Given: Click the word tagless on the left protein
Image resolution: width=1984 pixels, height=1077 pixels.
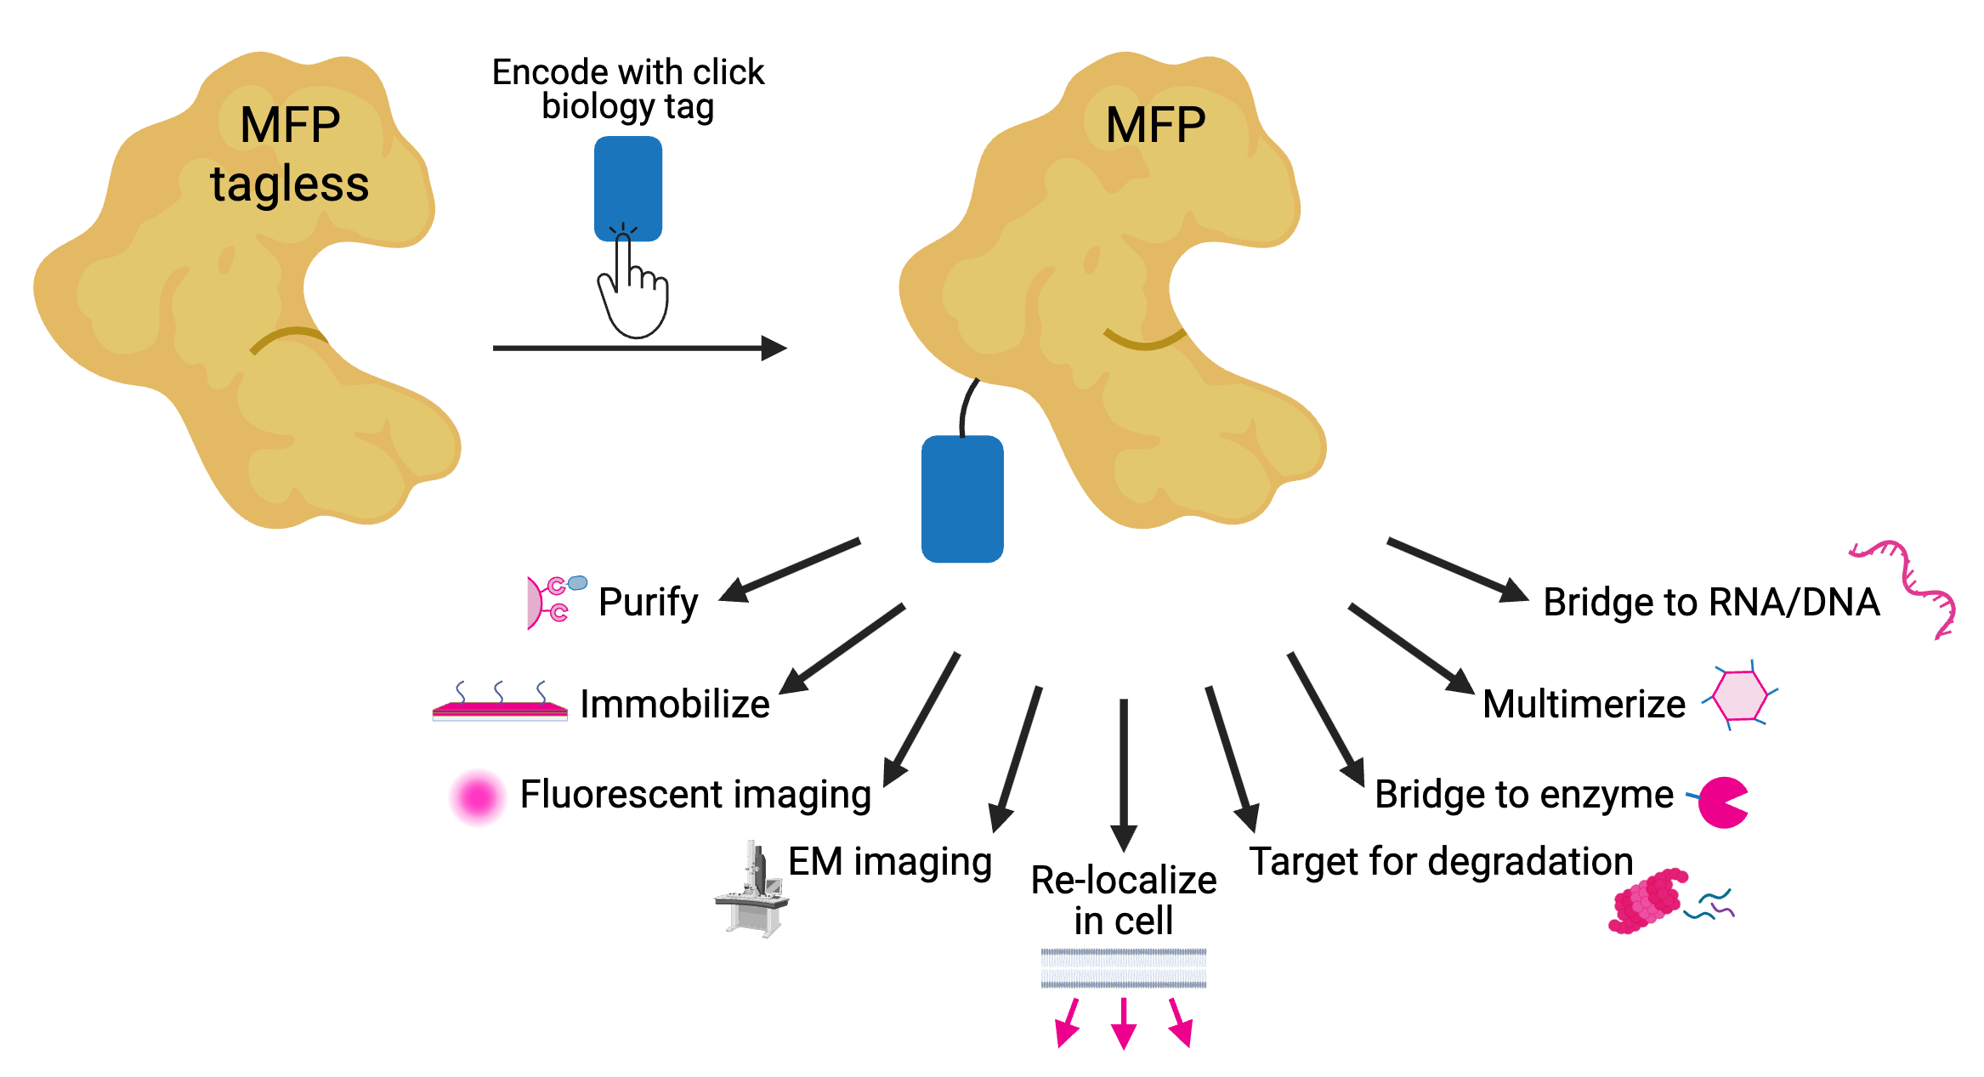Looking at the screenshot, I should (x=289, y=184).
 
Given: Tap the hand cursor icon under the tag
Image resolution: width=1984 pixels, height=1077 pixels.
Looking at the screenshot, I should (x=633, y=289).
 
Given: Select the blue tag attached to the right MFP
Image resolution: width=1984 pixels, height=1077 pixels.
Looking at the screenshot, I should (x=962, y=499).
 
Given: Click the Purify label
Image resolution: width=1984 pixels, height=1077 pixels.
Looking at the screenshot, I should (x=648, y=602).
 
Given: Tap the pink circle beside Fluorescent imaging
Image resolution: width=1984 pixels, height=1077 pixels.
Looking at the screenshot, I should (x=478, y=797).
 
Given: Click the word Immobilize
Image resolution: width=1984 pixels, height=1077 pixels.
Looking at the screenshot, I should (x=674, y=704).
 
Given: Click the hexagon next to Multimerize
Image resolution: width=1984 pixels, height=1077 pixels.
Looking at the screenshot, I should (x=1739, y=696).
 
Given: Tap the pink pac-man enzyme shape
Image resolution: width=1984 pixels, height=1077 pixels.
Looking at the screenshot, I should (x=1721, y=802).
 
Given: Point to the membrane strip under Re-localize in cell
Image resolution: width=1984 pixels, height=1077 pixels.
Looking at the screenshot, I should (x=1124, y=968).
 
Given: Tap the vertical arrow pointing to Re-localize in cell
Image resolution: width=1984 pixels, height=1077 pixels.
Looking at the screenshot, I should (x=1124, y=774).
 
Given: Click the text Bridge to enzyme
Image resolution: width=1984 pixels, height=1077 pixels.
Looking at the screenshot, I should (x=1523, y=795).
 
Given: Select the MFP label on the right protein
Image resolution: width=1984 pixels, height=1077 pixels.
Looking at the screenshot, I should (x=1155, y=125).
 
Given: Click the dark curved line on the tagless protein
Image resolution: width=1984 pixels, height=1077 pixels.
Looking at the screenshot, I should (x=289, y=337).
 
